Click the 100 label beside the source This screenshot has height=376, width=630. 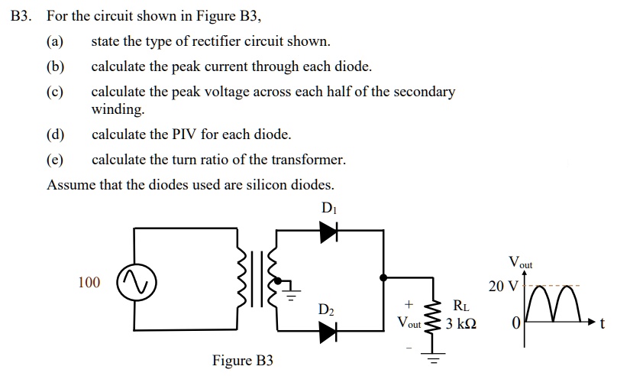pyautogui.click(x=89, y=283)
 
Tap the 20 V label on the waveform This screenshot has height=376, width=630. pyautogui.click(x=503, y=287)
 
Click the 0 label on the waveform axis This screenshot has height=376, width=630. pyautogui.click(x=515, y=324)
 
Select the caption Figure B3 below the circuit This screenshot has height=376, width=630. pyautogui.click(x=242, y=360)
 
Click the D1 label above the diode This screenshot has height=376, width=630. pyautogui.click(x=329, y=207)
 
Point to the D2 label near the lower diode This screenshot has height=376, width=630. pyautogui.click(x=326, y=310)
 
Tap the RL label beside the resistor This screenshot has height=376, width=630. pyautogui.click(x=461, y=306)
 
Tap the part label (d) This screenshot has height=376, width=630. pyautogui.click(x=56, y=135)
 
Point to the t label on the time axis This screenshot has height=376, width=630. pyautogui.click(x=603, y=324)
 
